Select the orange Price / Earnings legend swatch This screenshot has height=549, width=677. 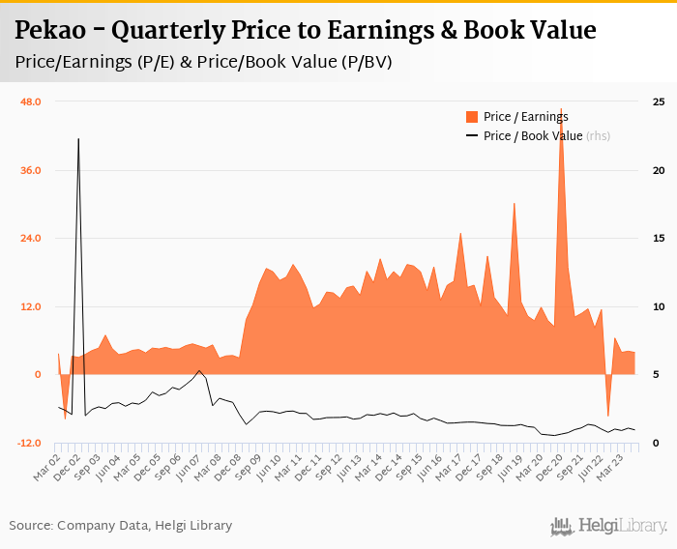[x=472, y=117]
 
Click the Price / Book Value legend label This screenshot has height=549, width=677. [x=533, y=136]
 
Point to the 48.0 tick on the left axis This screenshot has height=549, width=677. [x=32, y=102]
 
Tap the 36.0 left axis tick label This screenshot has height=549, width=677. [x=32, y=171]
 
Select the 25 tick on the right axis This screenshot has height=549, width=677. [x=658, y=102]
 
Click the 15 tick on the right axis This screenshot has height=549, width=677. [x=658, y=239]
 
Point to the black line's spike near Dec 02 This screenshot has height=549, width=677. [x=78, y=139]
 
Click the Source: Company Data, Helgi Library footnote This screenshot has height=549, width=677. [x=121, y=526]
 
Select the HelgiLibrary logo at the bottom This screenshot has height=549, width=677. [x=608, y=526]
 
